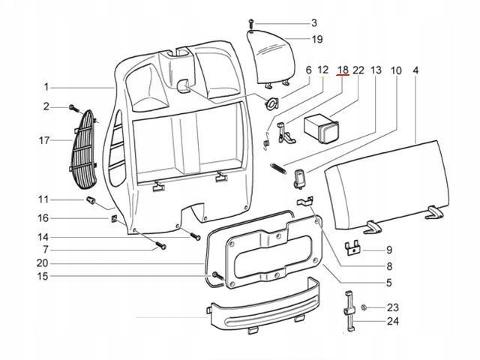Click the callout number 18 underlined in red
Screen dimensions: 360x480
pos(342,70)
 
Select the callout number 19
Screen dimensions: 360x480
pos(316,39)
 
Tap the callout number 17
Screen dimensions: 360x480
pos(45,139)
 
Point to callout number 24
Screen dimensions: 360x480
pos(394,322)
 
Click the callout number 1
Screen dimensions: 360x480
pos(46,86)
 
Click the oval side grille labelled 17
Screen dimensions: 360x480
pos(88,150)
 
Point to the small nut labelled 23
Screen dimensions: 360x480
pos(363,308)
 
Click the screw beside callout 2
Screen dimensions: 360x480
pos(73,107)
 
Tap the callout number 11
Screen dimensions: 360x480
pos(45,199)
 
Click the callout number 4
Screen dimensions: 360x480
pos(415,70)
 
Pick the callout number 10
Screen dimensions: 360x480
pos(396,70)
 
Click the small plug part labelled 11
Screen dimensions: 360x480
pos(91,201)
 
